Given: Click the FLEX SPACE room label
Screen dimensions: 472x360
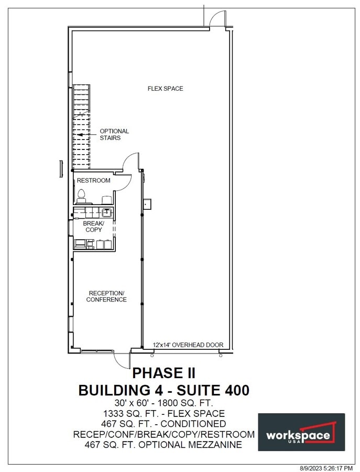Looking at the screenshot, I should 165,89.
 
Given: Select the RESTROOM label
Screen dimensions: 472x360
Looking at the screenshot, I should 93,180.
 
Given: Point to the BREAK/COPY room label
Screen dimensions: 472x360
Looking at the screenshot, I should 93,227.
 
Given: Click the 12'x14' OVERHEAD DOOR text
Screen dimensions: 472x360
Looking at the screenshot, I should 188,345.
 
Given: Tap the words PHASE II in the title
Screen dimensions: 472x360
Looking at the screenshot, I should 163,373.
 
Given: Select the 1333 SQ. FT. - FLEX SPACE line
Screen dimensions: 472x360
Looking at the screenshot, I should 163,413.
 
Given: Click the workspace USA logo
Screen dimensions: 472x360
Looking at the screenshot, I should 301,432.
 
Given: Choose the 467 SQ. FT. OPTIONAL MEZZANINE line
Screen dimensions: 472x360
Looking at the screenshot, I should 163,445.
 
